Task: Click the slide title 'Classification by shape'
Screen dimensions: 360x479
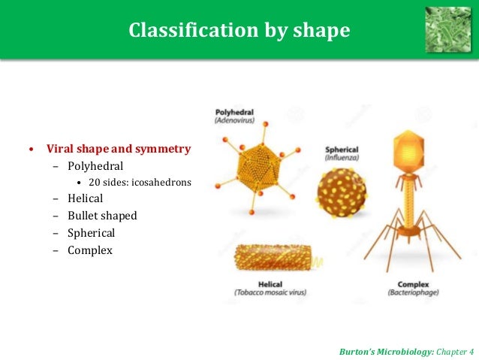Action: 239,30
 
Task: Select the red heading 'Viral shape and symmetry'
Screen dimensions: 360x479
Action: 119,149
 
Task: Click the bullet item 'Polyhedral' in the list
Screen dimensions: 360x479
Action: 95,165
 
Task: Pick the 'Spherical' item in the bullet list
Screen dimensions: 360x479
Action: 92,233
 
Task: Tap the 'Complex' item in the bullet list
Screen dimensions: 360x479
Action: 90,250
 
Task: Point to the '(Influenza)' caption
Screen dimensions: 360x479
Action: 342,158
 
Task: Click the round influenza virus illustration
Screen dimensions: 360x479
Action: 342,195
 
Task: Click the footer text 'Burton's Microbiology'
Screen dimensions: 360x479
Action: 384,350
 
